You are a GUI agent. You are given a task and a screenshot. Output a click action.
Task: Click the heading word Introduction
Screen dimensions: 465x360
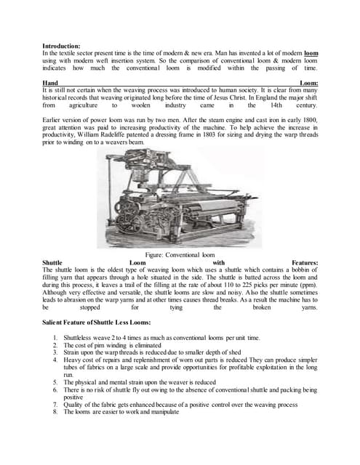tap(62, 45)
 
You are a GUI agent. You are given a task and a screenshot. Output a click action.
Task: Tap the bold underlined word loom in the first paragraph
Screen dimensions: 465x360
tap(311, 53)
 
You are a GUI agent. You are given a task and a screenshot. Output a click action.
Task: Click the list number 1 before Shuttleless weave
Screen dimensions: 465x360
tap(55, 338)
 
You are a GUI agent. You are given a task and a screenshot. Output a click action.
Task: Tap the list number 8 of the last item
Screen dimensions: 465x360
tap(55, 411)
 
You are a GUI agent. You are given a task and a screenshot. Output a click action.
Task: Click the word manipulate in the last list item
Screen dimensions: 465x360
tap(163, 411)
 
